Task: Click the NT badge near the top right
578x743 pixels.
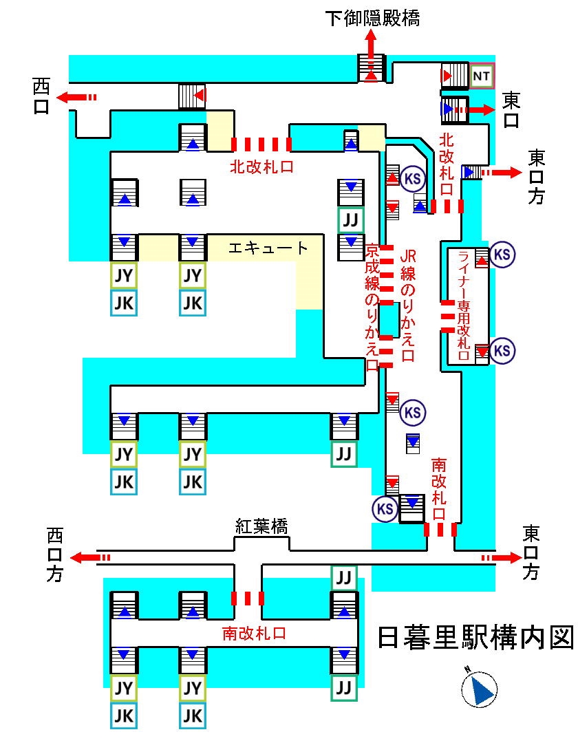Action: (x=482, y=76)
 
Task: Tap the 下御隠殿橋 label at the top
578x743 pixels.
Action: (x=372, y=19)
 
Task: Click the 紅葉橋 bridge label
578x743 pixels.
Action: (x=261, y=527)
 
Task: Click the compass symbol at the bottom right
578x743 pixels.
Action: (x=480, y=689)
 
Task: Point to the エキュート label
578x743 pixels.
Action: (x=268, y=248)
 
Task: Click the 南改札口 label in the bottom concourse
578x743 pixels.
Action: (x=255, y=632)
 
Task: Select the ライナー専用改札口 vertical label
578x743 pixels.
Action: (x=463, y=307)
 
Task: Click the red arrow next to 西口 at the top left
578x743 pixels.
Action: (x=76, y=97)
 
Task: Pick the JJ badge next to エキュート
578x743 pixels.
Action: (x=351, y=221)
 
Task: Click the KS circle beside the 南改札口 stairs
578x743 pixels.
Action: (x=385, y=509)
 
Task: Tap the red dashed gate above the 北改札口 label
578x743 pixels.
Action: (x=261, y=144)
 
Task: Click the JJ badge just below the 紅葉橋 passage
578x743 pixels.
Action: (x=344, y=577)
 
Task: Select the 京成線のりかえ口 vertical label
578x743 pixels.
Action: (x=372, y=306)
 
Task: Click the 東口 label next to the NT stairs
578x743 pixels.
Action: (x=511, y=110)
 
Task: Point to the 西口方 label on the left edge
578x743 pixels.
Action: (x=54, y=554)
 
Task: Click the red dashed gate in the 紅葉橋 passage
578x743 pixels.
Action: (x=247, y=597)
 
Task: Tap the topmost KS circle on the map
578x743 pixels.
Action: (x=414, y=177)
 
